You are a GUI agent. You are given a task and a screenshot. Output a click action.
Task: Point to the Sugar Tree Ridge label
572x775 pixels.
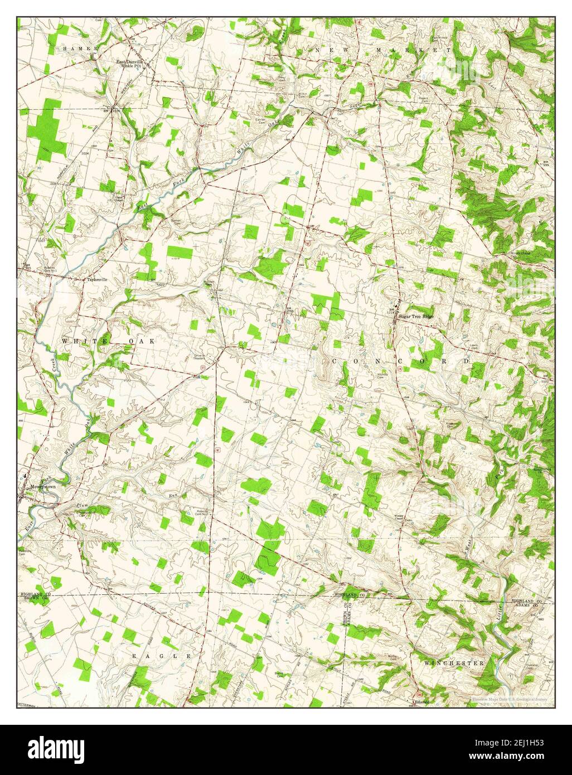click(x=416, y=316)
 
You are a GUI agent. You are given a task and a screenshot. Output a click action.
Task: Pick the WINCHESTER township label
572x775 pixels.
click(x=453, y=663)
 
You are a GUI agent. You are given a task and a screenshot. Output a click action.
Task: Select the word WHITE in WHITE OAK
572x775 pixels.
click(x=80, y=341)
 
